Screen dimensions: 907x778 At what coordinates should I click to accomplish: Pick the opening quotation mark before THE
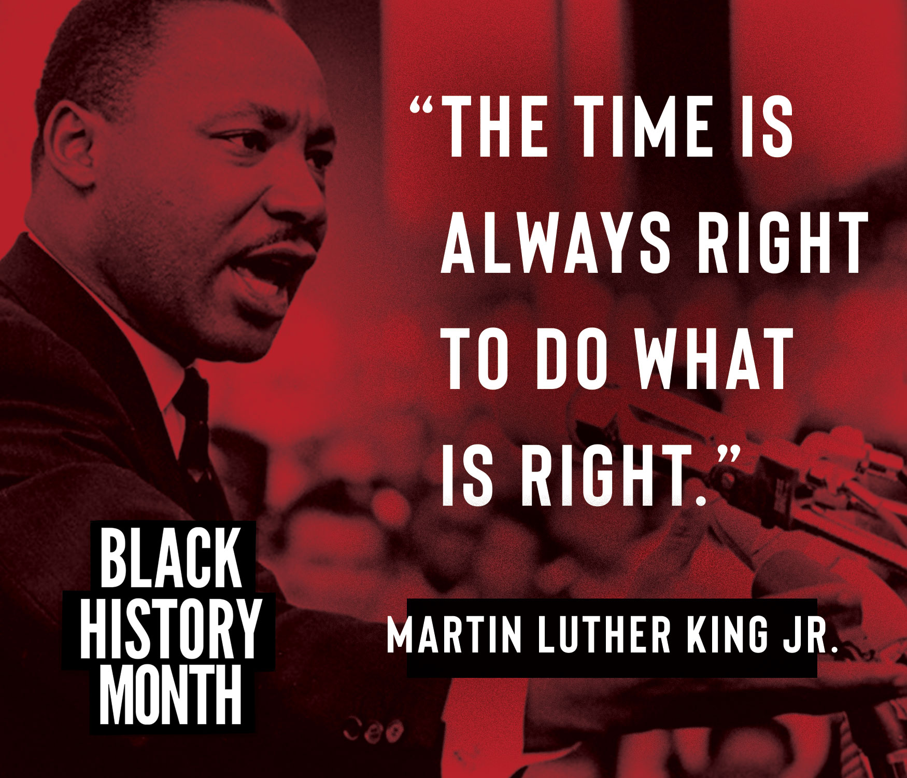point(420,106)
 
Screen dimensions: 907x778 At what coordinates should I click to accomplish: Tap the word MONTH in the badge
point(171,694)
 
